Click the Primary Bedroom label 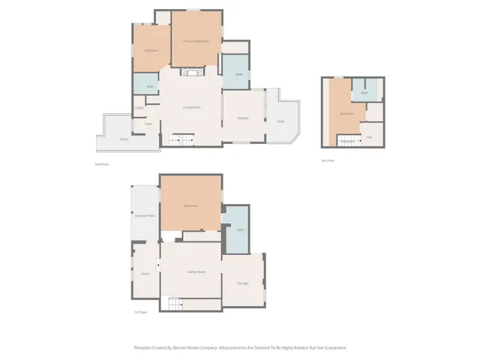[196, 40]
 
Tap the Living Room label [191, 107]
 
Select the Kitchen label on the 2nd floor [243, 118]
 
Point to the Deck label [280, 121]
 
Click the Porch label [124, 139]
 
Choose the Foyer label [148, 124]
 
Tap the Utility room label [139, 108]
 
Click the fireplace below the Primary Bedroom [190, 72]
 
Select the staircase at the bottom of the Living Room [182, 139]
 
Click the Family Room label [196, 271]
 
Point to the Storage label [243, 283]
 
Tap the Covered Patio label [145, 216]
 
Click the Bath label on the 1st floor [240, 229]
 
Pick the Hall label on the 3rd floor [370, 136]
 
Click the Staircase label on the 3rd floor [347, 140]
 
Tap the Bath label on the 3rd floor [364, 93]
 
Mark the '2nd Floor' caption [102, 163]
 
